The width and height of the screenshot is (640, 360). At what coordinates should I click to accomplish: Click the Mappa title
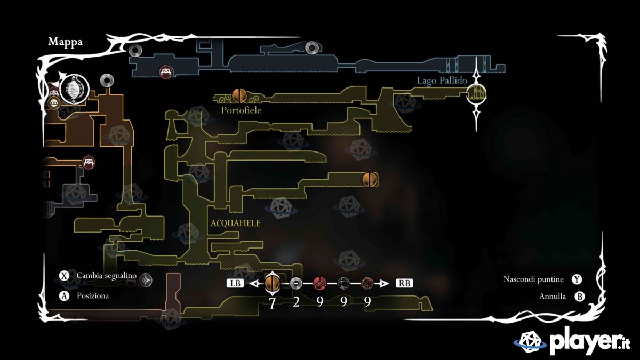tap(65, 42)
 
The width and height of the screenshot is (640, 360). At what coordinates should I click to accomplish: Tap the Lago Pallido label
tap(442, 81)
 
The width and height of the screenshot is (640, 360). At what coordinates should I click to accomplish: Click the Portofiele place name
tap(242, 109)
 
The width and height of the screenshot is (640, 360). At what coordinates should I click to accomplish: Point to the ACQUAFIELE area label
tap(236, 223)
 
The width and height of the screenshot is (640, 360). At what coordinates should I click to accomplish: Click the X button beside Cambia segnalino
tap(65, 276)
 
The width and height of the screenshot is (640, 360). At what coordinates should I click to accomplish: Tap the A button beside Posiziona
tap(65, 295)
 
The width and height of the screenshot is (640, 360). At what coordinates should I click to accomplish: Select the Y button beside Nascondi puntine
tap(577, 279)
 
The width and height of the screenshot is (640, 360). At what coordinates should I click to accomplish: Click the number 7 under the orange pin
tap(272, 302)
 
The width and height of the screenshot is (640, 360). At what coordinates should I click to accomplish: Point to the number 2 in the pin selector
tap(297, 302)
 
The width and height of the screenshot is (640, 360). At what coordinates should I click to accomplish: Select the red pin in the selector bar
tap(319, 283)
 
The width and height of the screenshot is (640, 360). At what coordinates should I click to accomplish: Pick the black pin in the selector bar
tap(343, 283)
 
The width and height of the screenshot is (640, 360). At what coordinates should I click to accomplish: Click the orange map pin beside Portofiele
tap(239, 95)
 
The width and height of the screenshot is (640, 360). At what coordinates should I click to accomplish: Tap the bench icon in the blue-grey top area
tap(165, 72)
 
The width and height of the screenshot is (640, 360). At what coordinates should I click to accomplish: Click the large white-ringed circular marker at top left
tap(72, 89)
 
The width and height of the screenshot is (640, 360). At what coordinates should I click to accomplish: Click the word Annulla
tap(553, 297)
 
